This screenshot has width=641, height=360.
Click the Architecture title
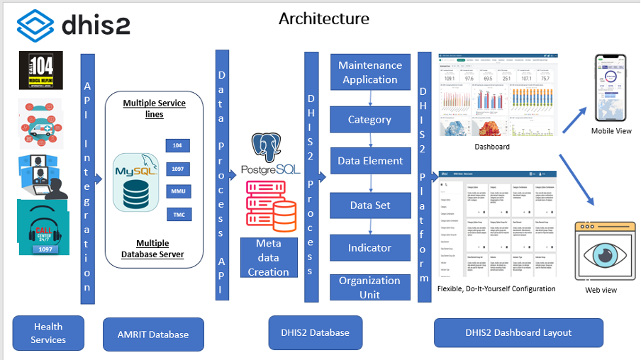pyautogui.click(x=324, y=18)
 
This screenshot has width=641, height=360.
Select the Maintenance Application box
pyautogui.click(x=370, y=72)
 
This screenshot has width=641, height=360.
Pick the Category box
pyautogui.click(x=369, y=120)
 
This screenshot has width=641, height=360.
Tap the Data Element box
pyautogui.click(x=370, y=161)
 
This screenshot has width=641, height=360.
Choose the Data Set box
pyautogui.click(x=370, y=206)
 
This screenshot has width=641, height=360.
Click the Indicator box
pyautogui.click(x=370, y=248)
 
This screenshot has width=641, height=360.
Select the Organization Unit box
pyautogui.click(x=369, y=287)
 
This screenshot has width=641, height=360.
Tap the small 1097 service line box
pyautogui.click(x=177, y=169)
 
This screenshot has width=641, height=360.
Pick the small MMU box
pyautogui.click(x=177, y=191)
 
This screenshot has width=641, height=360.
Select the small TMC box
pyautogui.click(x=177, y=214)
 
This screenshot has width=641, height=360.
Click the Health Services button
pyautogui.click(x=48, y=333)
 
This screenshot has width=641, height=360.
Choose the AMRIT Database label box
pyautogui.click(x=152, y=334)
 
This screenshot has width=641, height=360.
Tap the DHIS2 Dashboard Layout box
pyautogui.click(x=518, y=332)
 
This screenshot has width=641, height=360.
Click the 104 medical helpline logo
pyautogui.click(x=40, y=70)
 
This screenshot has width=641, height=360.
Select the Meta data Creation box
pyautogui.click(x=268, y=257)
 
